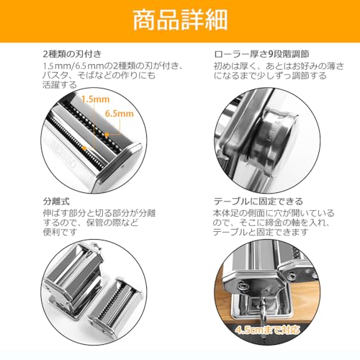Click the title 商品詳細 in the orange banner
(x=179, y=19)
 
